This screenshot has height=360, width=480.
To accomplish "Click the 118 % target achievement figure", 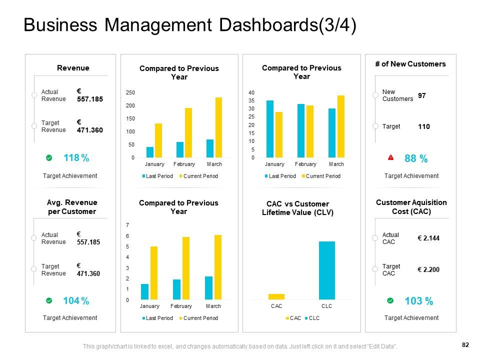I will pyautogui.click(x=76, y=158).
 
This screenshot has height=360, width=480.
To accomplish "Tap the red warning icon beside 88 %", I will pyautogui.click(x=391, y=158).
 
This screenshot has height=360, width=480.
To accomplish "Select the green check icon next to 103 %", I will pyautogui.click(x=390, y=300).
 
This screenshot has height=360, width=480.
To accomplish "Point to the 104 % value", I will pyautogui.click(x=76, y=301).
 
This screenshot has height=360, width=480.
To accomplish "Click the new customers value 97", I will pyautogui.click(x=422, y=95).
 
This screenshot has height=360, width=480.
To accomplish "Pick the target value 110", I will pyautogui.click(x=424, y=127).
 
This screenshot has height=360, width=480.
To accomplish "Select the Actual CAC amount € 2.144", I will pyautogui.click(x=428, y=238).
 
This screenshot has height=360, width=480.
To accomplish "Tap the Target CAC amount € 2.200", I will pyautogui.click(x=428, y=270).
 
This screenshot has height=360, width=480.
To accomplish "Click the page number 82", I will pyautogui.click(x=465, y=344).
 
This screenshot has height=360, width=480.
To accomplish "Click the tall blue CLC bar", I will pyautogui.click(x=327, y=270).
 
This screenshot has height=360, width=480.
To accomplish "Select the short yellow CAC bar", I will pyautogui.click(x=276, y=296).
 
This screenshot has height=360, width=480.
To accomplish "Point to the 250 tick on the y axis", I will pyautogui.click(x=130, y=93).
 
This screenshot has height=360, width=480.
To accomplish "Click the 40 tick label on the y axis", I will pyautogui.click(x=251, y=93).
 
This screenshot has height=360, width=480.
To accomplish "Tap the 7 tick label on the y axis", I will pyautogui.click(x=127, y=225).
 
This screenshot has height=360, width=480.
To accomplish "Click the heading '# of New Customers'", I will pyautogui.click(x=410, y=64).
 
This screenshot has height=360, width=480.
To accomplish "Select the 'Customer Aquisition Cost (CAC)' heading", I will pyautogui.click(x=411, y=206).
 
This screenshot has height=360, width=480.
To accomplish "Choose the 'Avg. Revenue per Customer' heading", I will pyautogui.click(x=72, y=207).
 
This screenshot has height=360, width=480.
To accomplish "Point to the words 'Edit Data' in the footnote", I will pyautogui.click(x=383, y=346).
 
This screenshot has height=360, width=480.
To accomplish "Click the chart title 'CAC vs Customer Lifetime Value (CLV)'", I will pyautogui.click(x=297, y=208).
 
